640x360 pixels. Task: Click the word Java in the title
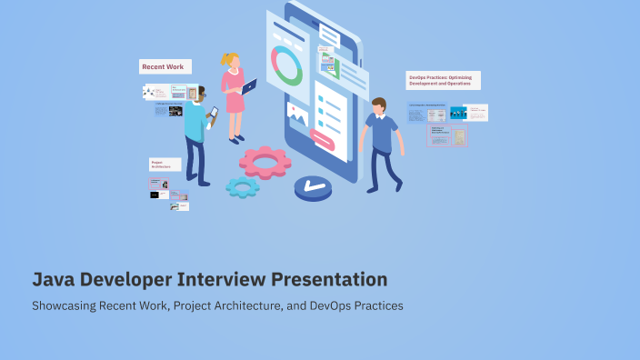(x=53, y=279)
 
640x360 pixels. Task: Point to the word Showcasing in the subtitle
(x=63, y=305)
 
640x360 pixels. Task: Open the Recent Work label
(x=165, y=66)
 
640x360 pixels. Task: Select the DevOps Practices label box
(x=443, y=80)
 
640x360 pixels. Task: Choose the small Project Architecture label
(x=165, y=165)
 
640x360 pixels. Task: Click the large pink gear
(x=265, y=162)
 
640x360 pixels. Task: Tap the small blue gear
(x=242, y=187)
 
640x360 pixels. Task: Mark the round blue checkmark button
(x=315, y=188)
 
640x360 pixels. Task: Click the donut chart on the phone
(x=287, y=65)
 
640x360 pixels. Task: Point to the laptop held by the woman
(x=249, y=87)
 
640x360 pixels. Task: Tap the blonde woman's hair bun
(x=226, y=58)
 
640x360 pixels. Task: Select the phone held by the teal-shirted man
(x=214, y=113)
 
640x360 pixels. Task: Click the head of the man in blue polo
(x=378, y=105)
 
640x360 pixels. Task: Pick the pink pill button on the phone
(x=323, y=138)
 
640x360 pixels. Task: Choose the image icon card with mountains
(x=296, y=113)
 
